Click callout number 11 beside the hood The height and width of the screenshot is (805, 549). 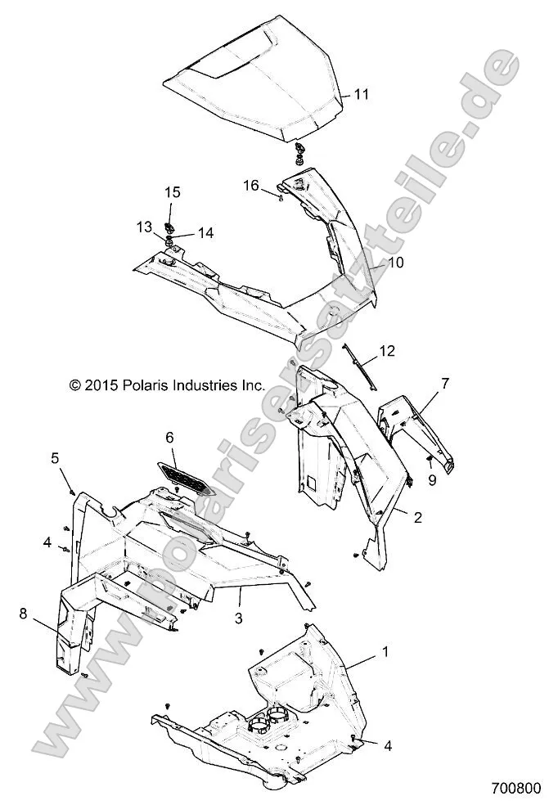(362, 95)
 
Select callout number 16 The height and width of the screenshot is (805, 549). (250, 187)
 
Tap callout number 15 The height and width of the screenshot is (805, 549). (172, 192)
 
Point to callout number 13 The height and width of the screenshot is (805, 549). (144, 226)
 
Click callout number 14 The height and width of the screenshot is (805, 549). (205, 232)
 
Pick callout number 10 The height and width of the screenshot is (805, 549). (396, 263)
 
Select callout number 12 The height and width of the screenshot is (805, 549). (386, 353)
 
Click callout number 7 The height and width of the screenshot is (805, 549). (445, 382)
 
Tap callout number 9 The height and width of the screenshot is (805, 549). (434, 480)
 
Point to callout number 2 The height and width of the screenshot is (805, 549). (418, 517)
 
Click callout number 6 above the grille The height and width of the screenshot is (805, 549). (170, 438)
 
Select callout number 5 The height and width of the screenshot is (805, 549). (79, 458)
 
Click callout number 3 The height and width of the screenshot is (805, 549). (239, 618)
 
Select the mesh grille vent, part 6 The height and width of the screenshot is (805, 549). (187, 475)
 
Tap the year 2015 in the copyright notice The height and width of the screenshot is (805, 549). (100, 383)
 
